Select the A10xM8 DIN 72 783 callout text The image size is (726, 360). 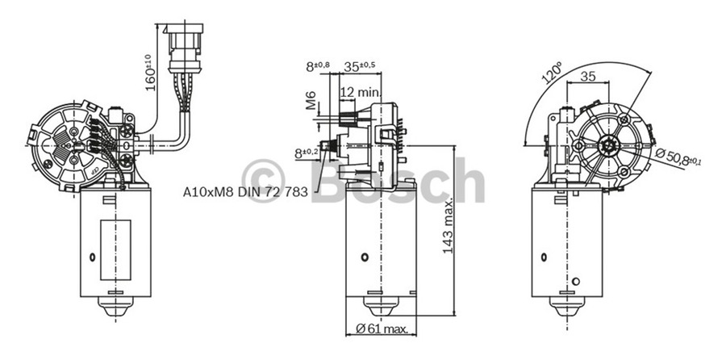(x=245, y=193)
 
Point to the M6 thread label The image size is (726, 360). (x=311, y=100)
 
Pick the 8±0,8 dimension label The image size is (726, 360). (x=317, y=67)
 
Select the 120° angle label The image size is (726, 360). (x=553, y=74)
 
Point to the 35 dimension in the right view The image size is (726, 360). (x=587, y=77)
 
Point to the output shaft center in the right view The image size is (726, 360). (x=610, y=146)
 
